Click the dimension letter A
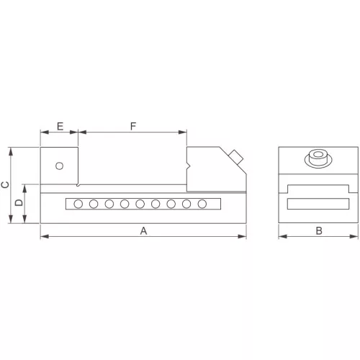143,231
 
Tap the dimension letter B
319,231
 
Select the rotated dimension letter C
5,184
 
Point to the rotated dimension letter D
19,202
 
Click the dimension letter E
60,126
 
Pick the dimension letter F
133,126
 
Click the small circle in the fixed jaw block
59,166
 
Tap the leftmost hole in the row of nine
78,204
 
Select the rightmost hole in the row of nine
202,204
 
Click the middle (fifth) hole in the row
140,204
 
